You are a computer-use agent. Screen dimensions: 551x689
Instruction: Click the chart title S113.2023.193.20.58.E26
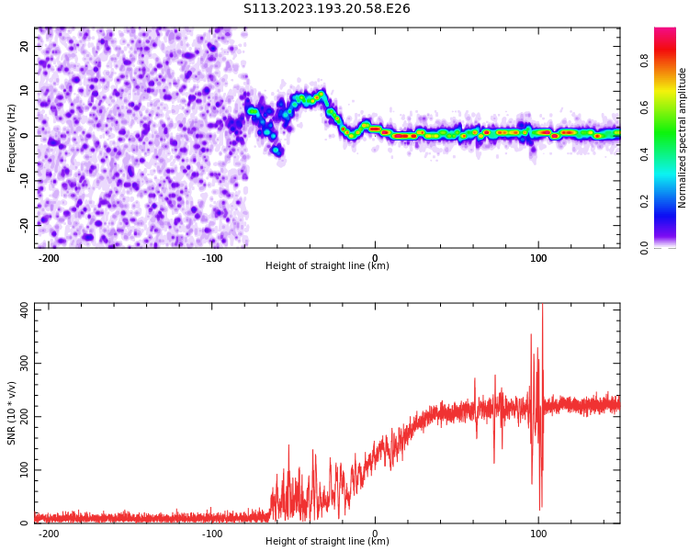327,9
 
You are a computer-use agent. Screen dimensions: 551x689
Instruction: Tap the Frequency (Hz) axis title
12,137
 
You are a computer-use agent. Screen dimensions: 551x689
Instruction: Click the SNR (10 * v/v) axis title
12,413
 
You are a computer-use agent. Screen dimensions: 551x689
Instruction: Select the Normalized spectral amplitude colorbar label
683,137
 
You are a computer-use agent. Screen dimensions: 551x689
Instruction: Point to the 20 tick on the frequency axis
25,46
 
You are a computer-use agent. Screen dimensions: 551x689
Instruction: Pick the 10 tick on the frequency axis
25,90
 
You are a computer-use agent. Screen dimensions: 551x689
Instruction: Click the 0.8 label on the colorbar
645,61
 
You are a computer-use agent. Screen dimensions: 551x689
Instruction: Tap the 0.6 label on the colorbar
645,107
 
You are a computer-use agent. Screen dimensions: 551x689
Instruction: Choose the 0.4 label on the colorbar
645,154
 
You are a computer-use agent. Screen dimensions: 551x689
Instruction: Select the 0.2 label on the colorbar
645,201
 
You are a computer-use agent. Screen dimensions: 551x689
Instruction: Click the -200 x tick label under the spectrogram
49,258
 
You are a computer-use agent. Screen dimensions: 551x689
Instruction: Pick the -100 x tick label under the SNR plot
212,534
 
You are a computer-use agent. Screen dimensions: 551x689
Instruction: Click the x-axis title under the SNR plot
327,542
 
